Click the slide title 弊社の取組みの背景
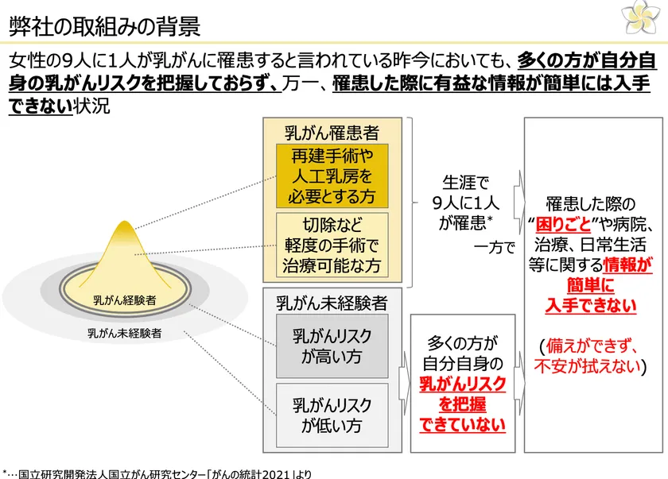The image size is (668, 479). (x=104, y=26)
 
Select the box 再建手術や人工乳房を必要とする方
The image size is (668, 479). (x=332, y=176)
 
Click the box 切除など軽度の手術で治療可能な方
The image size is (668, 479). (x=332, y=245)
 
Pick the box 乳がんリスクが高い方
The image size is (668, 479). (x=332, y=346)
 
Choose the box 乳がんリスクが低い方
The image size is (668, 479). (x=332, y=415)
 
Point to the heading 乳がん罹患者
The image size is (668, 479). (x=332, y=133)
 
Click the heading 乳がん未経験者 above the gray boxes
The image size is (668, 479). (x=332, y=303)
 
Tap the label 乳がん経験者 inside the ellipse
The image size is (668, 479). (x=125, y=300)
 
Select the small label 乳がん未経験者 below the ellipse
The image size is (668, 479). (x=125, y=333)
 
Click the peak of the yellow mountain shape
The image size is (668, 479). (x=124, y=221)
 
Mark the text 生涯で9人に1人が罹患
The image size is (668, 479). (x=466, y=203)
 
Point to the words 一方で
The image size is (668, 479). (x=494, y=247)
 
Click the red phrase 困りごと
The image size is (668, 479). (x=563, y=224)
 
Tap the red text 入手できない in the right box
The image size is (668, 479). (x=590, y=306)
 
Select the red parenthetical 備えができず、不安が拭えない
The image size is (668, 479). (x=590, y=356)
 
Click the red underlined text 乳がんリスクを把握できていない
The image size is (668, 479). (x=462, y=404)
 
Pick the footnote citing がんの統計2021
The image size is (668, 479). (x=157, y=473)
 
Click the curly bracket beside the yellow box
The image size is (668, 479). (x=413, y=203)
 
